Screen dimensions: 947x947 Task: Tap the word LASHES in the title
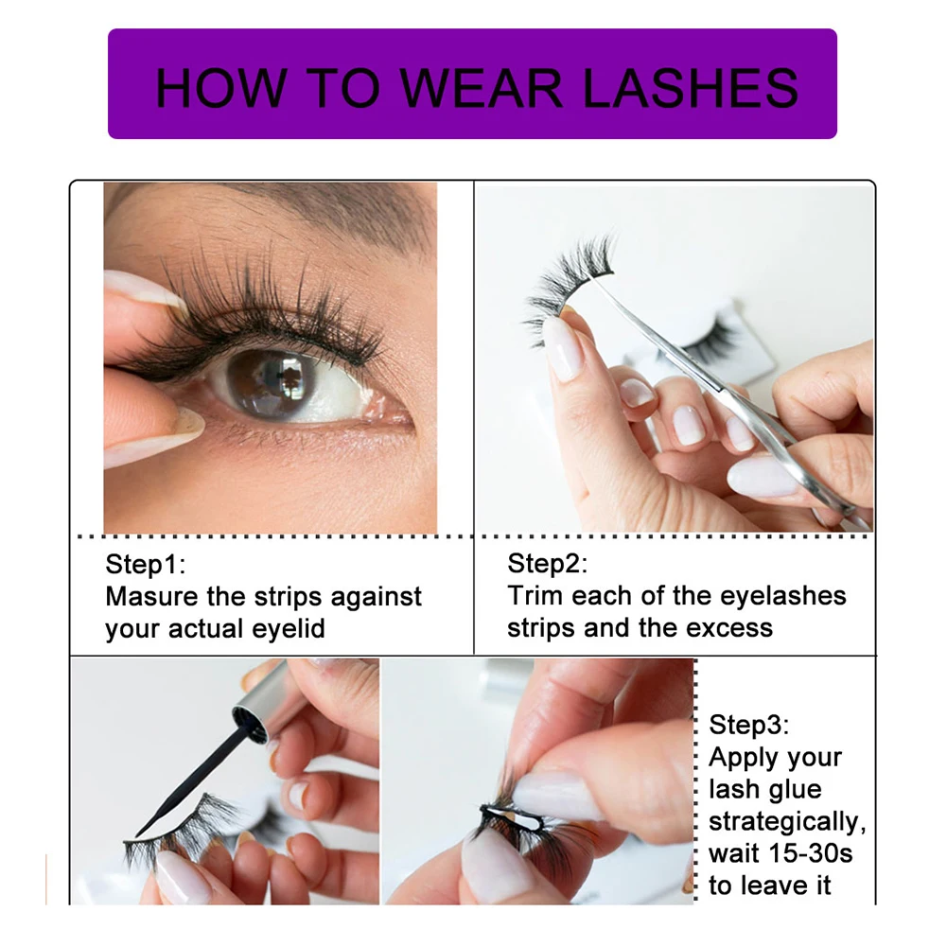point(691,87)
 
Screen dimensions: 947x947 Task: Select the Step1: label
point(146,565)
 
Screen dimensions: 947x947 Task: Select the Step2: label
point(548,565)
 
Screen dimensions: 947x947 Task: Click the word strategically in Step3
point(787,821)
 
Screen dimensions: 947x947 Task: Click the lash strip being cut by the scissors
point(568,274)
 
